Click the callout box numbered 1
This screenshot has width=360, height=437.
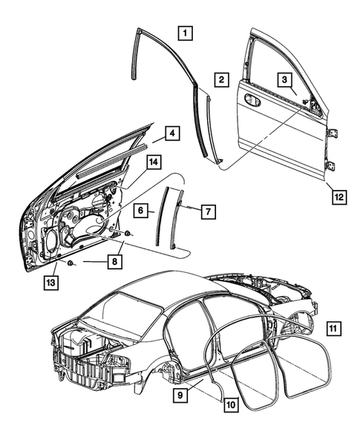pos(185,33)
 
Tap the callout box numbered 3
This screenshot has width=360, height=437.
pos(284,79)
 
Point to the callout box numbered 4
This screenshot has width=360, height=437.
pos(171,134)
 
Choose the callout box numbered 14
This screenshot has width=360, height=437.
pos(151,162)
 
